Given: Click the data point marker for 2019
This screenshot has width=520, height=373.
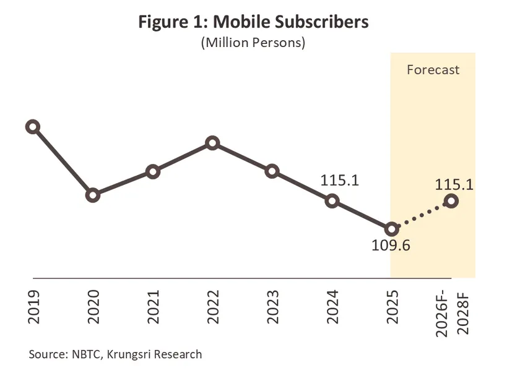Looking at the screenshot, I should pyautogui.click(x=33, y=127).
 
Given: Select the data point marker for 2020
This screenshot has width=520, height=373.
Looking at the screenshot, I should pyautogui.click(x=93, y=195).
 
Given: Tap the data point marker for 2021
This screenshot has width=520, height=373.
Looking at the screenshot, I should pyautogui.click(x=152, y=172).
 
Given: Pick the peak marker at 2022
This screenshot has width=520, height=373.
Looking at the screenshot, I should pyautogui.click(x=212, y=144).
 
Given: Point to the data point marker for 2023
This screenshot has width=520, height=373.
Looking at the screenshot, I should pyautogui.click(x=272, y=171).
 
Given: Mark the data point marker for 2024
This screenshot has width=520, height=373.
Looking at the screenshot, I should pyautogui.click(x=332, y=200).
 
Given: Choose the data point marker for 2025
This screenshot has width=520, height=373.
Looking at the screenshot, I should pyautogui.click(x=391, y=229).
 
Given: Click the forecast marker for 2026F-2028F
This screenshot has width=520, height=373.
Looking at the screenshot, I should pyautogui.click(x=451, y=200).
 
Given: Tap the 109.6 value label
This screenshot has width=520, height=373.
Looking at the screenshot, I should pyautogui.click(x=391, y=246).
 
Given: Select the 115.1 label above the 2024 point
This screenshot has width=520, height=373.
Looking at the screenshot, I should pyautogui.click(x=340, y=180).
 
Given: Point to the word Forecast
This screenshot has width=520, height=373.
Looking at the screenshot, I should pyautogui.click(x=433, y=70).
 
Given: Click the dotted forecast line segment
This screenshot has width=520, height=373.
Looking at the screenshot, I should pyautogui.click(x=421, y=215).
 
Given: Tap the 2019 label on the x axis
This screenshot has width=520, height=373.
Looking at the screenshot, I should pyautogui.click(x=33, y=307).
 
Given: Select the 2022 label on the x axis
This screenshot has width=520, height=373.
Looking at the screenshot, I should pyautogui.click(x=212, y=307).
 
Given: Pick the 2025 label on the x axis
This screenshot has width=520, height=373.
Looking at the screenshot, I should pyautogui.click(x=392, y=307).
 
